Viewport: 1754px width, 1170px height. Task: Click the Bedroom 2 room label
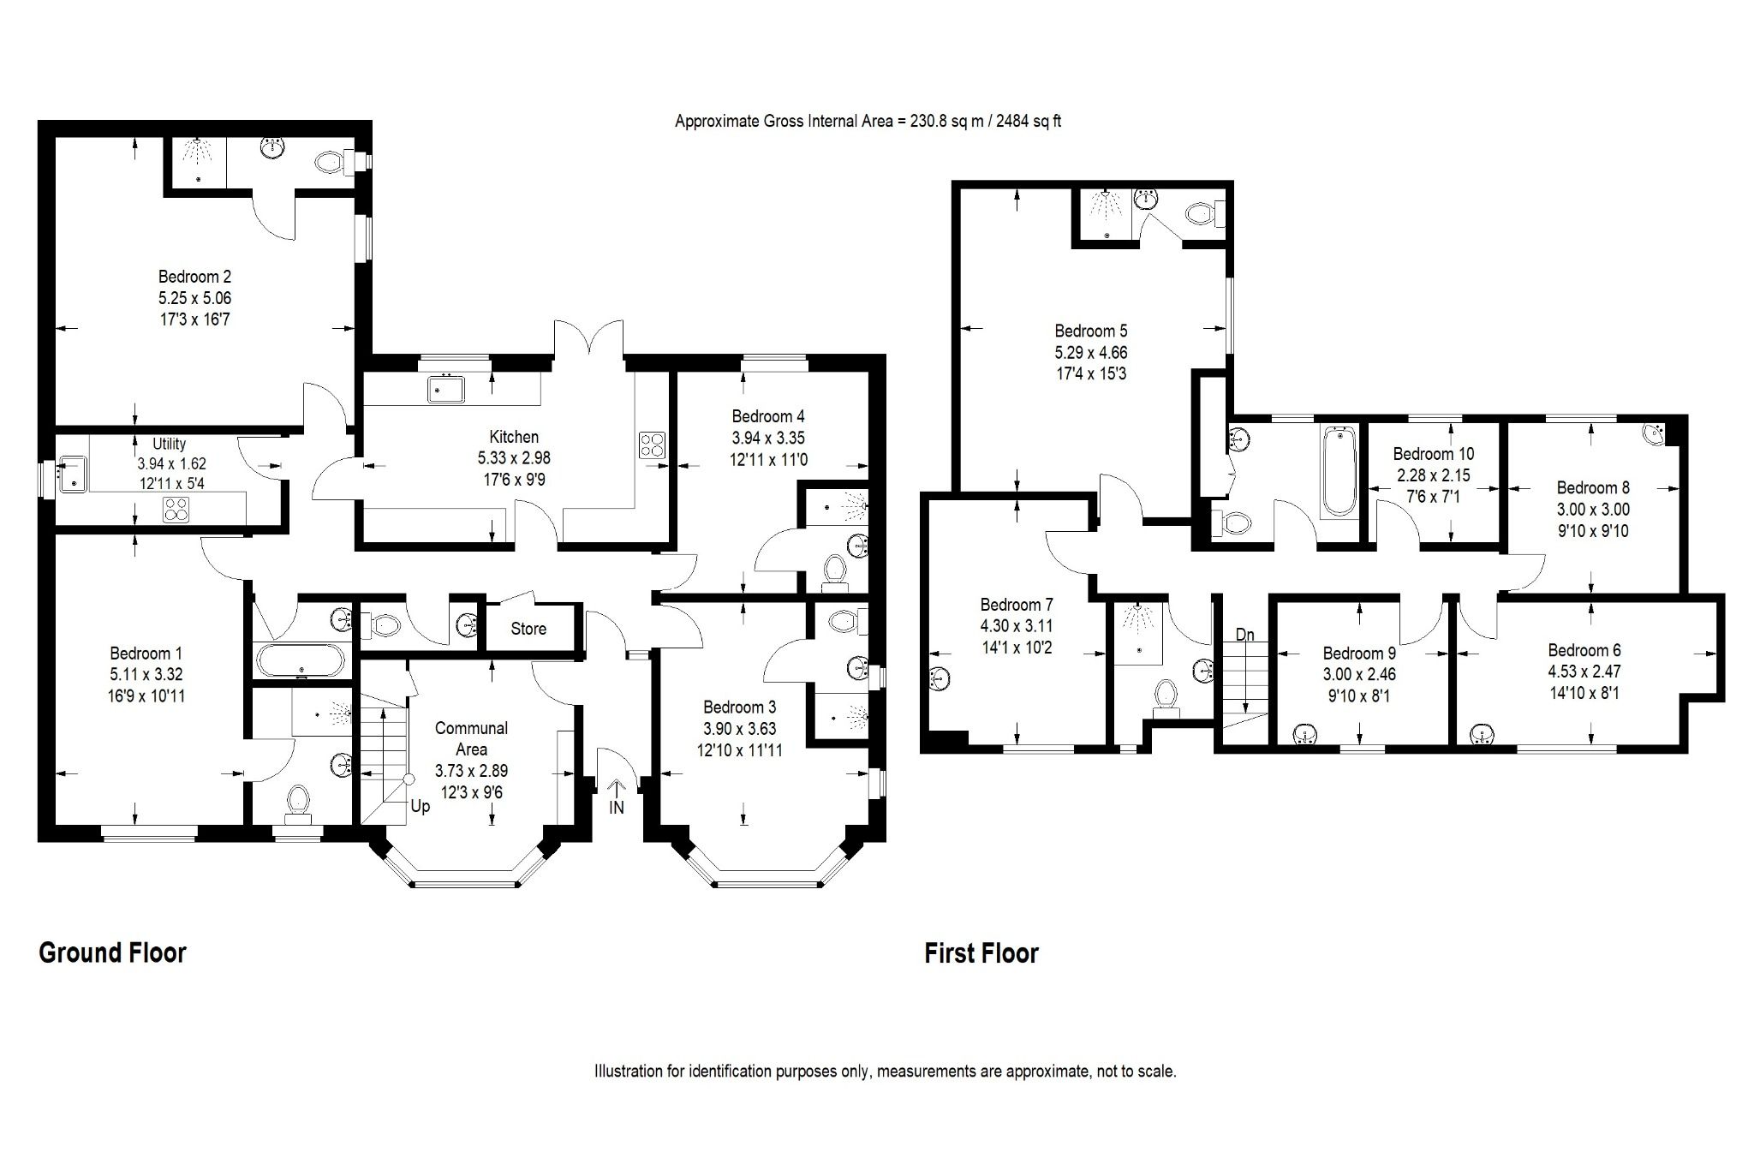194,277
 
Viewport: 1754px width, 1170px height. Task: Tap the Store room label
528,629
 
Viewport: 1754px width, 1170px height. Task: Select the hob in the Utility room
176,509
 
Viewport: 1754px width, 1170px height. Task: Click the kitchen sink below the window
445,390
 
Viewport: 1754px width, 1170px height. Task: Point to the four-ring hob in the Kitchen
652,445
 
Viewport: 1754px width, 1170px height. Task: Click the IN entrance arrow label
617,807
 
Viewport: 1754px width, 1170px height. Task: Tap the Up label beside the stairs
420,806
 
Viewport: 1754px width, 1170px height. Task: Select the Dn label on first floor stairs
1244,635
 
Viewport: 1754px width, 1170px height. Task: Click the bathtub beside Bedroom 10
1339,473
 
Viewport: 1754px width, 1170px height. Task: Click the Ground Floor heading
112,952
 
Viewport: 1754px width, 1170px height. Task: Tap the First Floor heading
981,953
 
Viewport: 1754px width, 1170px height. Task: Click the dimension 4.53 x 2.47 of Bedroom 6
1584,672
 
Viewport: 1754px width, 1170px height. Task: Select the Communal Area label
471,738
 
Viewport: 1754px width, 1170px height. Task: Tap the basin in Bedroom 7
940,679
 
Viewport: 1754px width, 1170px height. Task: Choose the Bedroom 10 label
1434,454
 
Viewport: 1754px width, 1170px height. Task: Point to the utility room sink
73,472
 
